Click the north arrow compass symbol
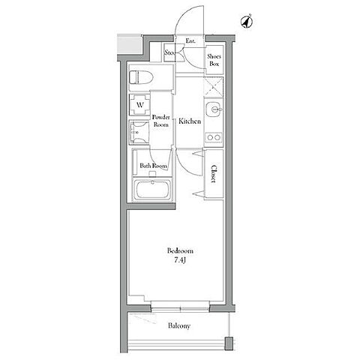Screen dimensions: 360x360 (246, 22)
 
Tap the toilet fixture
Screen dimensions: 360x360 (141, 77)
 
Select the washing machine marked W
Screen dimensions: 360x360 (139, 105)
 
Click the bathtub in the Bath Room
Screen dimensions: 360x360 (152, 189)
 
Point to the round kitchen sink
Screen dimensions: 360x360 (213, 109)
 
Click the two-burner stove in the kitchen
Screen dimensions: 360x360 (213, 137)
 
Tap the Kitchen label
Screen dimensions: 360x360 (190, 121)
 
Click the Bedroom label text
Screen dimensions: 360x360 (180, 250)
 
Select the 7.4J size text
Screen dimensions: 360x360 (181, 260)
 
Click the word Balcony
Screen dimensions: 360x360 (179, 326)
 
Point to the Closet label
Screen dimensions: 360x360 (214, 174)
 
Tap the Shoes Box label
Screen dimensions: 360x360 (214, 60)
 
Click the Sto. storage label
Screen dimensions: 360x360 (169, 52)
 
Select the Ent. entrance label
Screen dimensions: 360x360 (190, 41)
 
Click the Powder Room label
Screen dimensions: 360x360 (161, 121)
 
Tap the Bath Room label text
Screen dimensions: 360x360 (153, 166)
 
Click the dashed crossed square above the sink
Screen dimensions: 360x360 (213, 87)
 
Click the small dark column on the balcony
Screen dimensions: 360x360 (229, 343)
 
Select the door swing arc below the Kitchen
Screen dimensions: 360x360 (186, 163)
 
